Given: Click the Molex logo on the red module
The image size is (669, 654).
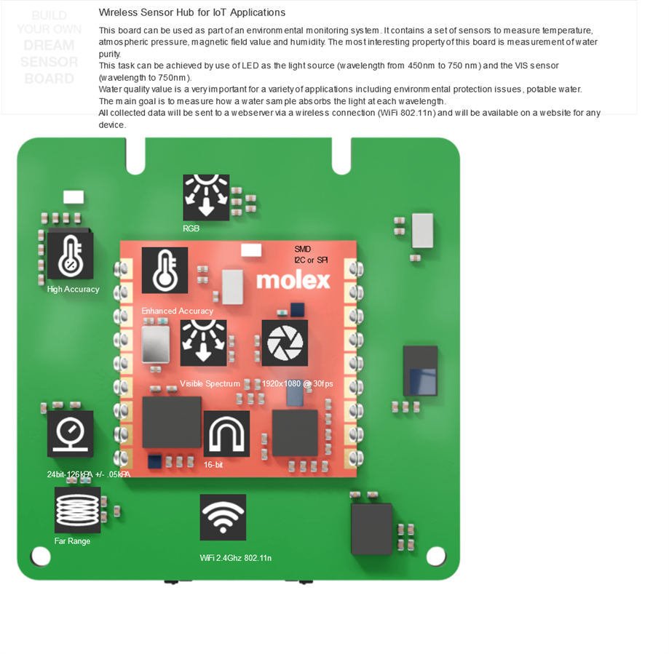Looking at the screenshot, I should tap(293, 280).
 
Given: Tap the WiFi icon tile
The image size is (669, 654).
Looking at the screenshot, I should tap(223, 517).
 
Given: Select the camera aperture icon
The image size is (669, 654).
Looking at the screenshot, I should tap(285, 343).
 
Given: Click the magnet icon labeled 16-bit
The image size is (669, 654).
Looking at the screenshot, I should tap(226, 434).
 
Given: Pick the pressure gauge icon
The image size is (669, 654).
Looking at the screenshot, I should tap(71, 434).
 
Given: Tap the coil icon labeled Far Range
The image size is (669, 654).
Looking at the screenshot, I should tap(77, 510).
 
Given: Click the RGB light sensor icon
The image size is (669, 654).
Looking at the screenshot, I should tap(206, 197).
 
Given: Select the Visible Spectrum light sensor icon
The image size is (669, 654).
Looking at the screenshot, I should tap(203, 343).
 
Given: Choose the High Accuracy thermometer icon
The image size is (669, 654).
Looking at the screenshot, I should tap(70, 255).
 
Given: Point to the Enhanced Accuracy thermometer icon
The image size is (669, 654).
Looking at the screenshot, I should tap(165, 270).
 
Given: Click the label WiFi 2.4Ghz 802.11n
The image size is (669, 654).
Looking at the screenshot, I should tap(236, 558).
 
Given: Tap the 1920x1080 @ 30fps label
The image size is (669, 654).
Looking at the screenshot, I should tap(297, 383).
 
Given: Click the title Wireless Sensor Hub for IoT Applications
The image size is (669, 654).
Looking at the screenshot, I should tap(192, 12).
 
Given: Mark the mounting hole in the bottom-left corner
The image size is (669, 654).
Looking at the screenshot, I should tap(41, 557).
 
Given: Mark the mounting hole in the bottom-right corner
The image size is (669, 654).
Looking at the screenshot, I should tap(435, 556).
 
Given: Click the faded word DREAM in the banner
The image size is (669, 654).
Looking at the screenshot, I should tap(49, 45).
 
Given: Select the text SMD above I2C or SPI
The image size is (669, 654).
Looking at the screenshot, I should tap(302, 249).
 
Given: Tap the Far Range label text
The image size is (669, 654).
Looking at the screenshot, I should tap(72, 541).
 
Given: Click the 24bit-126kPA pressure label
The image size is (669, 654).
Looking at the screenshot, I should tap(88, 474).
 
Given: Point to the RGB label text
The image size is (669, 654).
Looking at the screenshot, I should tap(191, 228).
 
